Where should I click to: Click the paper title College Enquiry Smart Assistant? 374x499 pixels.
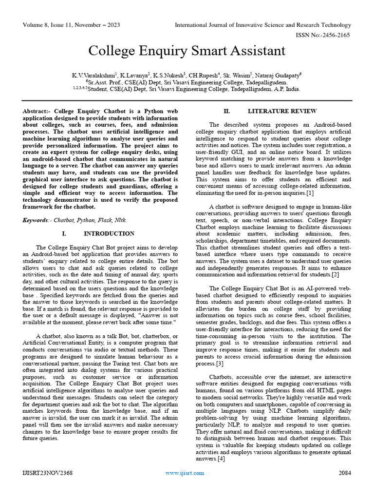tap(187, 51)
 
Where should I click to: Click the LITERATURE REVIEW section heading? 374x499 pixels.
tap(276, 111)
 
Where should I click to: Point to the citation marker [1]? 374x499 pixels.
tap(310, 193)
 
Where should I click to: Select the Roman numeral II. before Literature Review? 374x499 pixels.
tap(226, 111)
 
